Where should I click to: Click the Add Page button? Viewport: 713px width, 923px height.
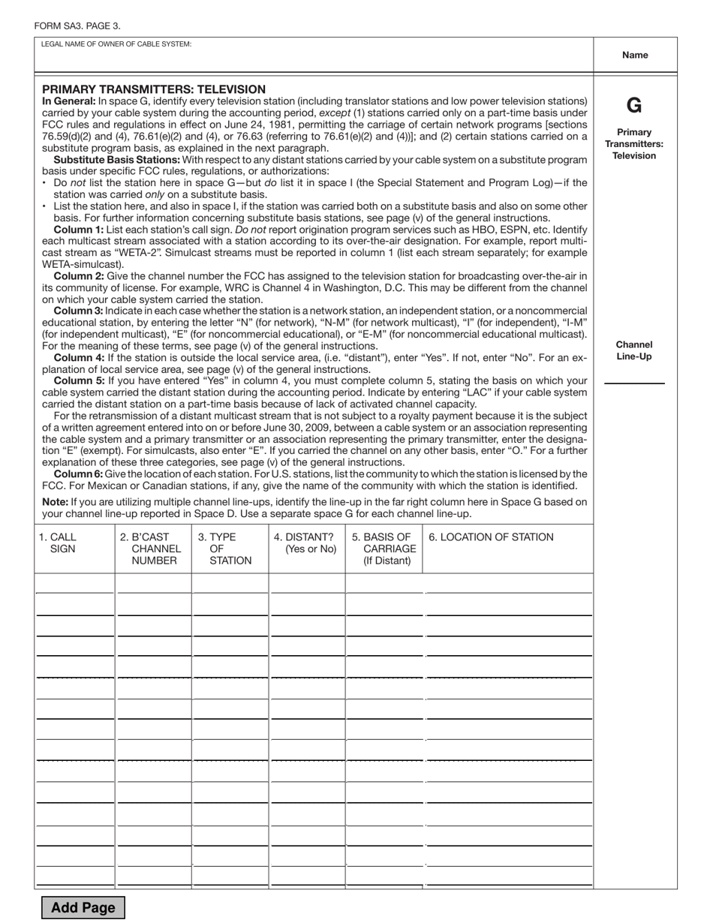click(x=83, y=907)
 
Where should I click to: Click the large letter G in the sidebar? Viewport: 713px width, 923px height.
click(x=634, y=106)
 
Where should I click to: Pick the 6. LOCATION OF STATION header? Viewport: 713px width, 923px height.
click(x=491, y=537)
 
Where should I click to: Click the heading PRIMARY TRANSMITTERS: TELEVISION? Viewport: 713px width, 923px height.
click(x=154, y=89)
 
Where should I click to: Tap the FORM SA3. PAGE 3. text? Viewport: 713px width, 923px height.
click(x=77, y=26)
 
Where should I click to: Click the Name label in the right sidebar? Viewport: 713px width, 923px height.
click(x=635, y=55)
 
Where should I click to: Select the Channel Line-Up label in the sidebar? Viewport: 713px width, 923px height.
click(x=634, y=350)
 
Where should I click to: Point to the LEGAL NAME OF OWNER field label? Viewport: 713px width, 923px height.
click(x=116, y=44)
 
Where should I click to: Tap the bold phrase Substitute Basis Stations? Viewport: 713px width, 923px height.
click(x=116, y=160)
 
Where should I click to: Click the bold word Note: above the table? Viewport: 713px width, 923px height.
click(x=55, y=502)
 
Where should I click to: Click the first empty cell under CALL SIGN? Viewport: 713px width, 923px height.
click(x=74, y=584)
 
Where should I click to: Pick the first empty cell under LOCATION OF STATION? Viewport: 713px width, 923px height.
click(x=509, y=584)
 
